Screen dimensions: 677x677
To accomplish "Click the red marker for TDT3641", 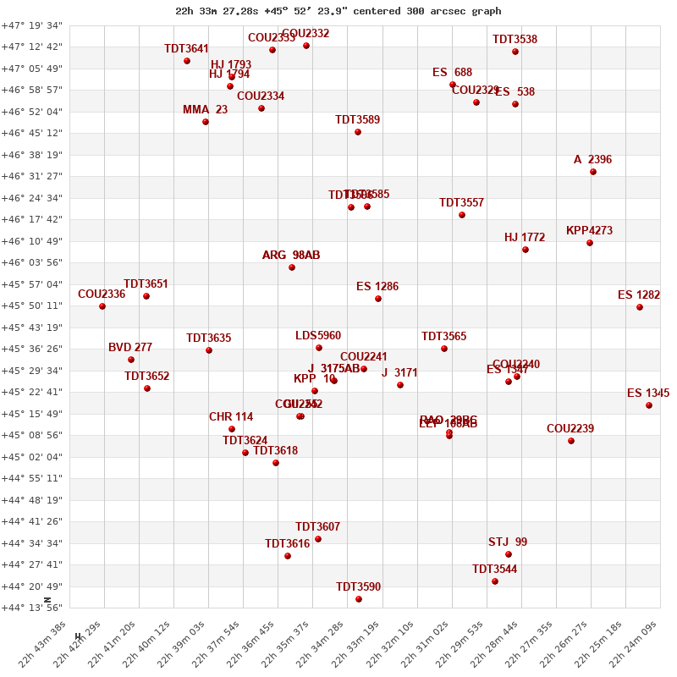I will [x=187, y=61].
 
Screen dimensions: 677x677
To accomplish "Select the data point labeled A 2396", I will [x=593, y=172].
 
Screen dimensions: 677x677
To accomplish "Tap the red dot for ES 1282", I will [x=640, y=307].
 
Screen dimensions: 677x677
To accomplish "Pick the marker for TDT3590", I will [x=359, y=599].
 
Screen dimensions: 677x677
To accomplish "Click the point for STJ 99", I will [x=509, y=554].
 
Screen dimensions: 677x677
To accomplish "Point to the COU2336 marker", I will [x=102, y=306].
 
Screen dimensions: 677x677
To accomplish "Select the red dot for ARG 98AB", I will [x=292, y=267].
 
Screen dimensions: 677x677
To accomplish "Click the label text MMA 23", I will [x=205, y=110].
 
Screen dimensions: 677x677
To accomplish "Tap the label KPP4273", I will [x=589, y=231].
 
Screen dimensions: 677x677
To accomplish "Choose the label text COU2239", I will [x=570, y=429].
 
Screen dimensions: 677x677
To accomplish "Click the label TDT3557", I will [x=461, y=203].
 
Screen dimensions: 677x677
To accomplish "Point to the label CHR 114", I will [x=231, y=417].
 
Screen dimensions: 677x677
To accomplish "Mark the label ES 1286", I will [x=377, y=287].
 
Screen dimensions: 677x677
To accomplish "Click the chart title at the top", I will [x=338, y=11].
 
